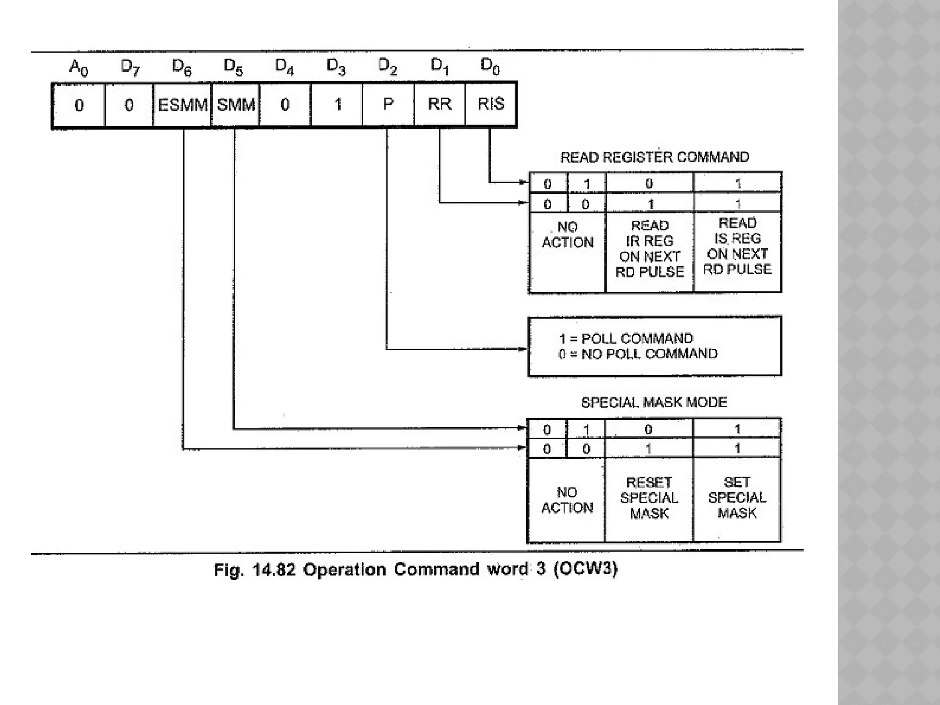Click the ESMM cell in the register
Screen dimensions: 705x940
(182, 105)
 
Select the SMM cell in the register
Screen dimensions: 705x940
(235, 105)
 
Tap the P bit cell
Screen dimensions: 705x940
(388, 104)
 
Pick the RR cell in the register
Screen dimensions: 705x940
(440, 104)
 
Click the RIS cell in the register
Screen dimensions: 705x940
(491, 104)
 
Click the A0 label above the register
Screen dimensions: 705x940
(78, 67)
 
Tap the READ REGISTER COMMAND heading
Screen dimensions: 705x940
(655, 157)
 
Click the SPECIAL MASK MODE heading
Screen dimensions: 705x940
(654, 403)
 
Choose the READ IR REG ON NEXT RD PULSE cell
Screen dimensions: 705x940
(649, 249)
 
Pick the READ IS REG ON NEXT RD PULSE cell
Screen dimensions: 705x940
(737, 246)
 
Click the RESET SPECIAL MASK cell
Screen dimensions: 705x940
(649, 498)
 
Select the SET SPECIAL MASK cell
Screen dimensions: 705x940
(737, 498)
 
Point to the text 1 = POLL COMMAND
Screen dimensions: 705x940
(626, 339)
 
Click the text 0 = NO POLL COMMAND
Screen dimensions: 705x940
(638, 354)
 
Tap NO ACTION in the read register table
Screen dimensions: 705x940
(567, 235)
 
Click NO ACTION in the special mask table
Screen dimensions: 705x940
(567, 500)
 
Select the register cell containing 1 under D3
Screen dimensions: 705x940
(337, 104)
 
